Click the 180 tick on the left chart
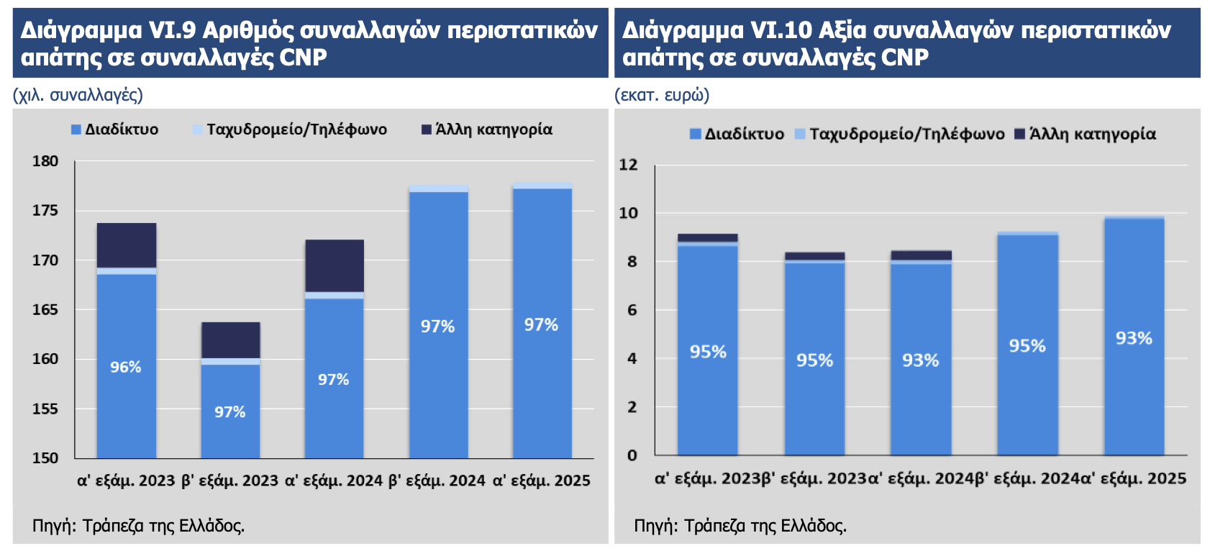[45, 161]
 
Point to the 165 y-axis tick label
[45, 310]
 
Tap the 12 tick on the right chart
[628, 165]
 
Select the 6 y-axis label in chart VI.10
[632, 310]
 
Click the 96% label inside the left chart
[125, 367]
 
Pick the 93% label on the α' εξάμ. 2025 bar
[1134, 338]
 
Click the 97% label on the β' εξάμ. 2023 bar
[229, 412]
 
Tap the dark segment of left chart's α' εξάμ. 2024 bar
[334, 265]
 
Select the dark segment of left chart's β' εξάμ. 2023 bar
[230, 340]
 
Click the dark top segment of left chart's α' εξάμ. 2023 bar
[127, 245]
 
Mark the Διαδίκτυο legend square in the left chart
[76, 129]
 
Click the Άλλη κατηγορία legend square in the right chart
[1019, 134]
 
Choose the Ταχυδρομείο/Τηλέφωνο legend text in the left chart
[296, 129]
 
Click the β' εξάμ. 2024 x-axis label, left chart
[437, 481]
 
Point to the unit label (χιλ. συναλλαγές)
[78, 95]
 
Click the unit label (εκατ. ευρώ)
[662, 95]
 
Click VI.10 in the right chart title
[781, 30]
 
